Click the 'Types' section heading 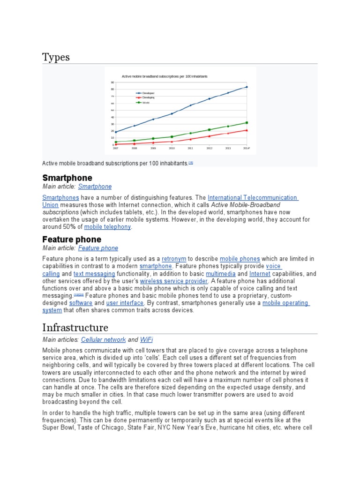[x=56, y=57]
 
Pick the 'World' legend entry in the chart [x=146, y=102]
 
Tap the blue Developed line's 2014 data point [x=247, y=87]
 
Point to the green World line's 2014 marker [x=247, y=123]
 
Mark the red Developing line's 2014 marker [x=247, y=130]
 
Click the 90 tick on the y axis [x=112, y=82]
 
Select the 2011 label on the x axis [x=190, y=148]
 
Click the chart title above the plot [x=165, y=76]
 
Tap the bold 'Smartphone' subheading [x=67, y=178]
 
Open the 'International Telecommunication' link [x=252, y=198]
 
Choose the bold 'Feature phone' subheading [x=72, y=240]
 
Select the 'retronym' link [x=174, y=259]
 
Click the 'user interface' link [x=124, y=303]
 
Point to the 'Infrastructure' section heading [x=75, y=327]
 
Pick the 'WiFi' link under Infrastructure [x=147, y=339]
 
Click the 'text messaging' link [x=94, y=274]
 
